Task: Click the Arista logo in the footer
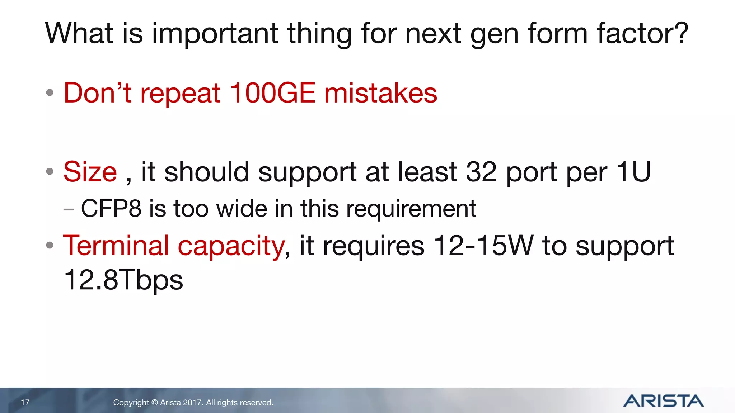(x=663, y=401)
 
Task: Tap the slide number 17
(x=25, y=403)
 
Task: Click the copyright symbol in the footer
(x=154, y=403)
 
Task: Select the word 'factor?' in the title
(x=642, y=33)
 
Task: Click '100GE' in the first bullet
(x=272, y=93)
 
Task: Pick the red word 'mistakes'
(x=381, y=93)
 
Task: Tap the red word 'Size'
(x=90, y=172)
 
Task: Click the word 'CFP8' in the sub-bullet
(x=111, y=208)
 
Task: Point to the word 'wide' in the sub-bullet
(x=242, y=208)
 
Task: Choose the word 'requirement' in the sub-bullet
(x=411, y=209)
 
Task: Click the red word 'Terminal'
(x=116, y=246)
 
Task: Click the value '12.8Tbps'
(x=123, y=280)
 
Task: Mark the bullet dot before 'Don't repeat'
(x=50, y=93)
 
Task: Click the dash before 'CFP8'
(x=69, y=209)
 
